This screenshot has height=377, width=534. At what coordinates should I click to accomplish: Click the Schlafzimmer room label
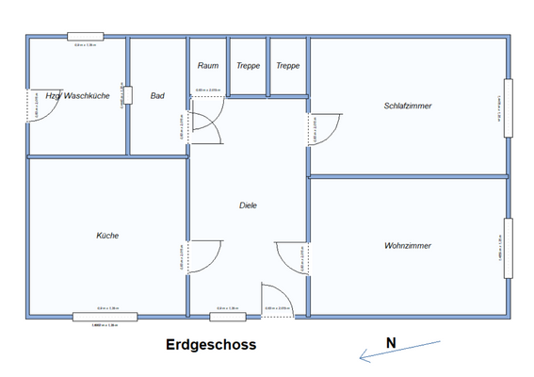[408, 106]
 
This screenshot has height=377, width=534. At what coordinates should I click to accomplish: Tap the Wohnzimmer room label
[408, 245]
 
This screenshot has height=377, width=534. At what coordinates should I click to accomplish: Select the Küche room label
[107, 235]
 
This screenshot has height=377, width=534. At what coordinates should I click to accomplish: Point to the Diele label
[248, 205]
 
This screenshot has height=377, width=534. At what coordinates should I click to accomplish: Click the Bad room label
[157, 95]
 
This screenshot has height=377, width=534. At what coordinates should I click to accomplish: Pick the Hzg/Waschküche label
[77, 95]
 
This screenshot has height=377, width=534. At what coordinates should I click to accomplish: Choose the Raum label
[208, 66]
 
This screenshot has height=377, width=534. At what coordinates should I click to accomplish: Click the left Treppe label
[249, 66]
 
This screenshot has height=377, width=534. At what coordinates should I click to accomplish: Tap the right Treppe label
[288, 66]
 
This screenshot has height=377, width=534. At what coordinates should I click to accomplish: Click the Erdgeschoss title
[211, 346]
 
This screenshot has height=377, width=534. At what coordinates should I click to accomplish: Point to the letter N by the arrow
[390, 343]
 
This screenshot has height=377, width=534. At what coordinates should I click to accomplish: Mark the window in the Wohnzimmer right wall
[509, 248]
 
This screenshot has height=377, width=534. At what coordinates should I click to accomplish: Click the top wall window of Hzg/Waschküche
[85, 37]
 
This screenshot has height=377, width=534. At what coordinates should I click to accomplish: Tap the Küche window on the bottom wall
[105, 317]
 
